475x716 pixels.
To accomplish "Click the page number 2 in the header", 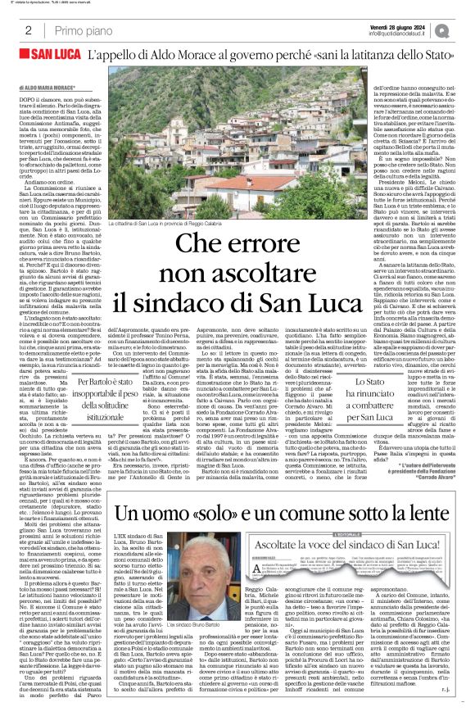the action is click(x=16, y=30).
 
